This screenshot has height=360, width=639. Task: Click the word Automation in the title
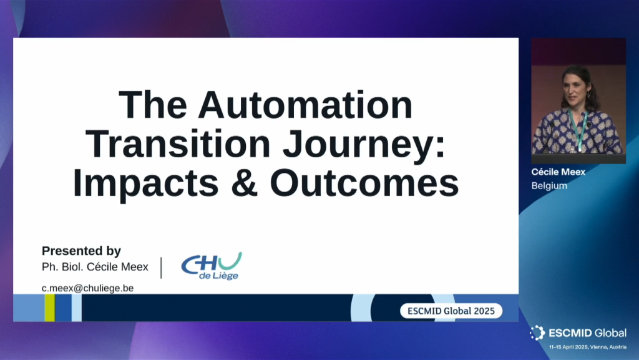pyautogui.click(x=305, y=105)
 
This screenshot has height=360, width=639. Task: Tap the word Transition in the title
pyautogui.click(x=178, y=144)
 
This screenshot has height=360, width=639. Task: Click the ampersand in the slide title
pyautogui.click(x=245, y=183)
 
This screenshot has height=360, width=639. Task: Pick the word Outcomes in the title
pyautogui.click(x=364, y=183)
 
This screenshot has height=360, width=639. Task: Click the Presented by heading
pyautogui.click(x=82, y=251)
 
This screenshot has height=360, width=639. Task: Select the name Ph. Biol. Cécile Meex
pyautogui.click(x=95, y=267)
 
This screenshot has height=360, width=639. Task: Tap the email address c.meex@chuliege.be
pyautogui.click(x=87, y=288)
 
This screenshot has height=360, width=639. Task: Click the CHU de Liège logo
pyautogui.click(x=212, y=266)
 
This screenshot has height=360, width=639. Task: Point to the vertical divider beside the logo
pyautogui.click(x=162, y=268)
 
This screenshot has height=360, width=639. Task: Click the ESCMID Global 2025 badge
pyautogui.click(x=451, y=311)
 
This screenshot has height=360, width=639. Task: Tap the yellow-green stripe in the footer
pyautogui.click(x=50, y=308)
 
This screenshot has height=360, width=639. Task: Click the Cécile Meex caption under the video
pyautogui.click(x=559, y=172)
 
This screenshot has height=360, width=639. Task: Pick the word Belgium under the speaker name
pyautogui.click(x=549, y=186)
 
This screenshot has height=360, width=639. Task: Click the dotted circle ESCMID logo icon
pyautogui.click(x=537, y=333)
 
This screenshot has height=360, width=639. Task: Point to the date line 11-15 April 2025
pyautogui.click(x=588, y=347)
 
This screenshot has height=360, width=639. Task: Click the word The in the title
pyautogui.click(x=153, y=105)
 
